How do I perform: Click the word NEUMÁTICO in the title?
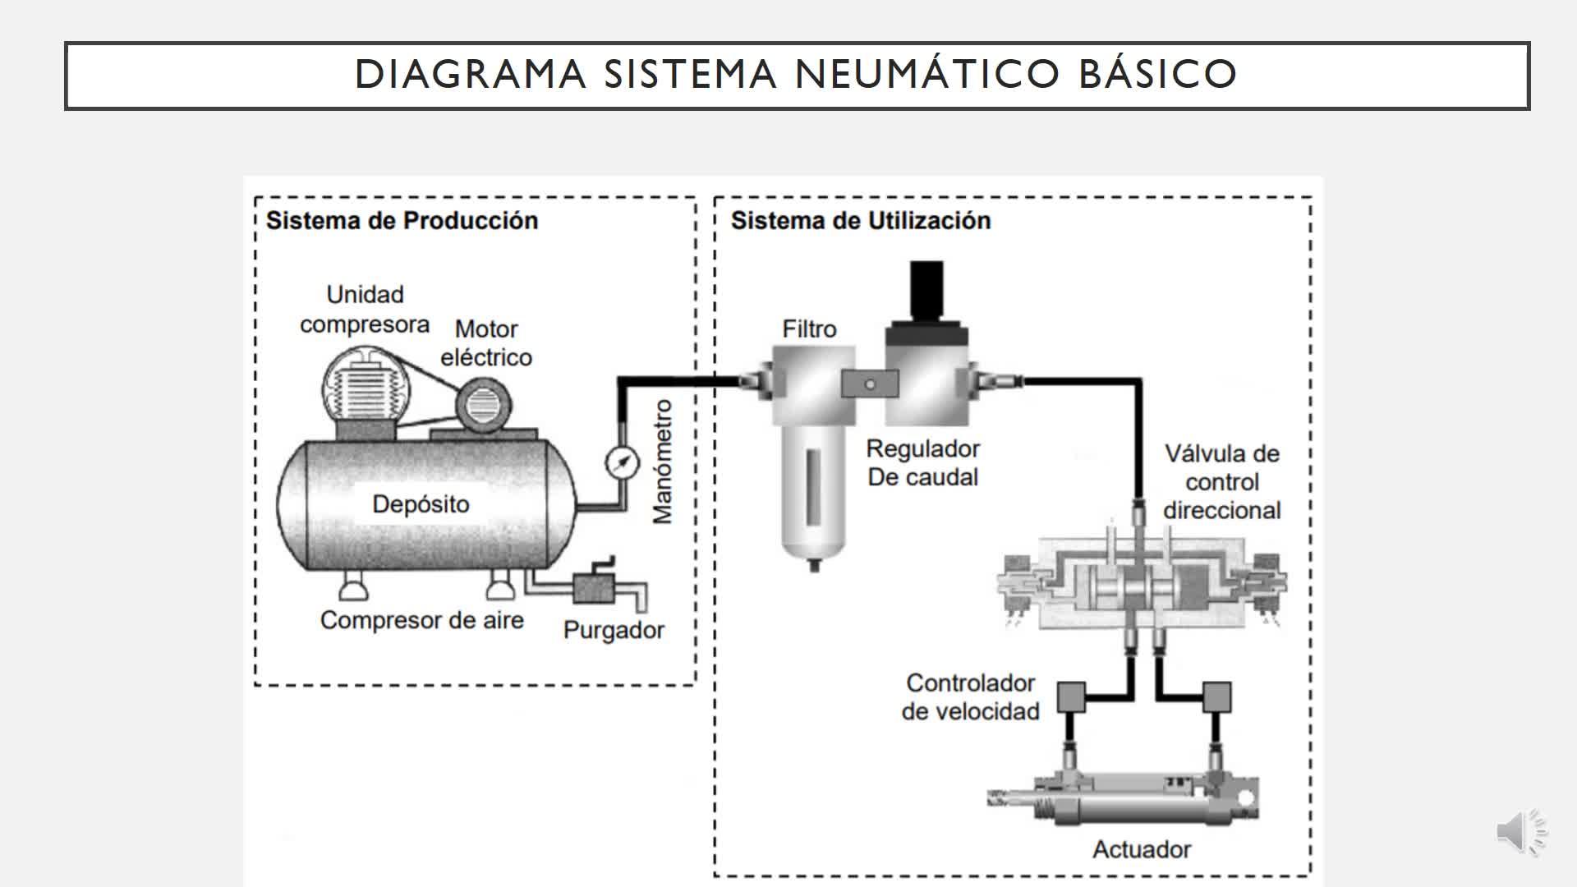[x=927, y=74]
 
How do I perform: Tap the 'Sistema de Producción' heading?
[x=402, y=221]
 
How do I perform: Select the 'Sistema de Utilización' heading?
[x=860, y=221]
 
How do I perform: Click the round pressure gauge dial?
[x=622, y=462]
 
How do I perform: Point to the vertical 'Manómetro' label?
[x=662, y=462]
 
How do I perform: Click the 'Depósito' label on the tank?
[x=421, y=503]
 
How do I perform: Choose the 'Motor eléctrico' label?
[x=486, y=343]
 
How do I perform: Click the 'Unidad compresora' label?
[x=365, y=310]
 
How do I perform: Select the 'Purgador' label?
[x=614, y=631]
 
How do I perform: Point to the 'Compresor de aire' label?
[x=421, y=620]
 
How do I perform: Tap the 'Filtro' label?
[x=809, y=329]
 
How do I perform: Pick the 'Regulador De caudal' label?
[x=923, y=463]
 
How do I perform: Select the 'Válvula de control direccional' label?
[x=1221, y=482]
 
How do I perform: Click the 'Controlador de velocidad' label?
[x=970, y=697]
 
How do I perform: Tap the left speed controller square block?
[x=1071, y=697]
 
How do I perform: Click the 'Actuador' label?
[x=1141, y=849]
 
